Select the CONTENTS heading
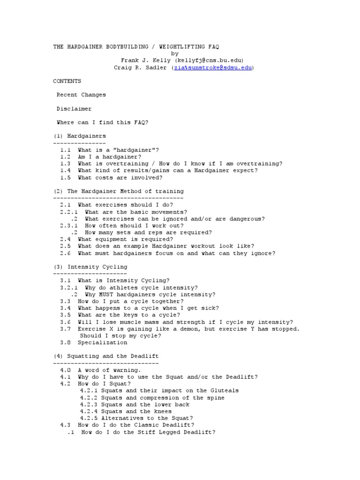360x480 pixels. coord(67,81)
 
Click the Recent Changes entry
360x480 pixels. coord(81,95)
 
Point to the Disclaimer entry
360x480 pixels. coord(74,109)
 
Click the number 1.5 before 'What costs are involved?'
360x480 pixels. coord(65,178)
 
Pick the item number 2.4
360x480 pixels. coord(65,240)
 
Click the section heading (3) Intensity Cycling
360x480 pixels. coord(90,267)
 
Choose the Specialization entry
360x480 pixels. coord(102,343)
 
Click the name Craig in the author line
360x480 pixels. coord(123,67)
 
